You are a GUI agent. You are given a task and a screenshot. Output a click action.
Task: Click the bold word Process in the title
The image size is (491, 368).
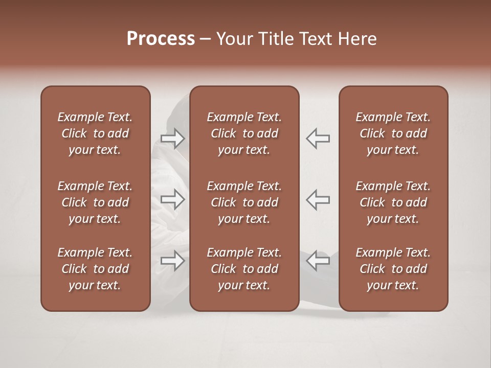tap(161, 39)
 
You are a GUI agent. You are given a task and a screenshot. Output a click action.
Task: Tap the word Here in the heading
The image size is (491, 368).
tap(359, 39)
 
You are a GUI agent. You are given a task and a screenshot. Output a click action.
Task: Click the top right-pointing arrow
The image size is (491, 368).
tap(173, 139)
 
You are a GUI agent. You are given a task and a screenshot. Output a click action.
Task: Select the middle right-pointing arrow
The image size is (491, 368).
tap(173, 199)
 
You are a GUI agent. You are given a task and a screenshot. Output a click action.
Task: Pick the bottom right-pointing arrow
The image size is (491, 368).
tap(173, 261)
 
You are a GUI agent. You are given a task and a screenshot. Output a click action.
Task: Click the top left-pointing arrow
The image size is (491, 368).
tap(318, 139)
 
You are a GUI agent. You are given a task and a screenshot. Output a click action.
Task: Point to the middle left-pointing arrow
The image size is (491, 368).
tap(318, 199)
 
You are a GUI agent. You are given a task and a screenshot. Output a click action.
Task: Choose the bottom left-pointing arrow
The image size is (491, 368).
tap(318, 261)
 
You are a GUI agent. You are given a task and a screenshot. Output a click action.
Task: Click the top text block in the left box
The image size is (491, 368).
tap(95, 133)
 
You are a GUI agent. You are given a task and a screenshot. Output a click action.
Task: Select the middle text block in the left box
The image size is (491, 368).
tap(95, 202)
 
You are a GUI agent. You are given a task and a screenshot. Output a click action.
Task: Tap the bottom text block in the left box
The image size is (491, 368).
tap(95, 269)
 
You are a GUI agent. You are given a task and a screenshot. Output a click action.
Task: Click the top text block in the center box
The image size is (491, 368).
tap(244, 133)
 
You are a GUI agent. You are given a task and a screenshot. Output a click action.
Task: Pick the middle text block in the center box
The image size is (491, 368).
tap(244, 202)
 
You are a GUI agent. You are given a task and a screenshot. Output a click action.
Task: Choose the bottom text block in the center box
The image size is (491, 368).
tap(244, 269)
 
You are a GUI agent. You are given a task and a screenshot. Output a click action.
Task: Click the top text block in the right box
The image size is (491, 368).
tap(393, 133)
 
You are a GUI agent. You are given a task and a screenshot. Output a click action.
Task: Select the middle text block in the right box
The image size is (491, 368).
tap(393, 202)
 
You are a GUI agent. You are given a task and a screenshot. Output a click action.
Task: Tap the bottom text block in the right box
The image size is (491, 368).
tap(393, 269)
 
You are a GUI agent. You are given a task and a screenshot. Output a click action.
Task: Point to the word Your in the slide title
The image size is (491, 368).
tap(234, 39)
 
